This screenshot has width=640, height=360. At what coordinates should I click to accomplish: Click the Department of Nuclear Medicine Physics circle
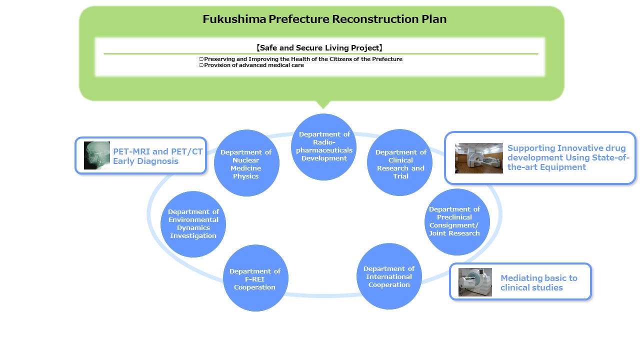(246, 163)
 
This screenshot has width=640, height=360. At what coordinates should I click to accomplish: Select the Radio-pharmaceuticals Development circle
(323, 147)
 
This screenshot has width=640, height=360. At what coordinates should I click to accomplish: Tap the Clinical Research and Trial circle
(399, 162)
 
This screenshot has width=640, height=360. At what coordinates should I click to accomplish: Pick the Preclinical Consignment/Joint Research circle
(457, 222)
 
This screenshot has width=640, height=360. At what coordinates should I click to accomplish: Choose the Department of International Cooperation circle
(389, 276)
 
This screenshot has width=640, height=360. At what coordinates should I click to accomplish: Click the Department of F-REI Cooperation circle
(255, 278)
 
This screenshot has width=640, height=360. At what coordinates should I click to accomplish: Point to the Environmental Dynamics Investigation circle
(193, 224)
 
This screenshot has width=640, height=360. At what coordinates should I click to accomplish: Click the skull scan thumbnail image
(97, 155)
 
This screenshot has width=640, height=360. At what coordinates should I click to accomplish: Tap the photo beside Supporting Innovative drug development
(479, 158)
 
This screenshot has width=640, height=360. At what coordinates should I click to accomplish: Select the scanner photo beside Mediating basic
(475, 282)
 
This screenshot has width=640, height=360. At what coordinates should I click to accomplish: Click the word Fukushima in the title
(234, 19)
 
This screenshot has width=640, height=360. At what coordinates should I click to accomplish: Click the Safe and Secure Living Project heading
(319, 47)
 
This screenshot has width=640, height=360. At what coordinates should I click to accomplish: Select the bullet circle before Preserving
(201, 59)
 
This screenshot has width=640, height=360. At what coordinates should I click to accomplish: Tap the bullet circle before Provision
(201, 65)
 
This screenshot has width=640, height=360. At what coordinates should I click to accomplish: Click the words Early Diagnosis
(145, 161)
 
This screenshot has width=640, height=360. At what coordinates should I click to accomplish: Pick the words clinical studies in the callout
(531, 287)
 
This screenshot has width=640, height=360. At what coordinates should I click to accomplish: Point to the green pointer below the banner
(323, 104)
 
